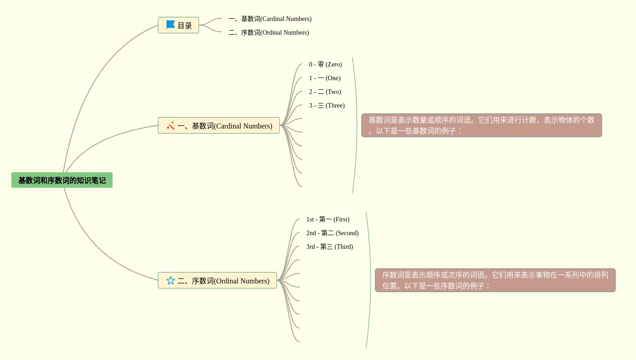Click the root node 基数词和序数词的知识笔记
coord(62,180)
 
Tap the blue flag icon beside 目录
coord(171,25)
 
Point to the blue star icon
coord(171,281)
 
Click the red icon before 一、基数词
coord(171,126)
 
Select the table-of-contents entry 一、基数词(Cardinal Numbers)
coord(270,19)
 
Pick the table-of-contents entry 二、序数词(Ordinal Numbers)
coord(269,33)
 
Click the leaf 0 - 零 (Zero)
coord(325,65)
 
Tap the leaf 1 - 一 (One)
coord(325,78)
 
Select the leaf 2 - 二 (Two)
coord(325,92)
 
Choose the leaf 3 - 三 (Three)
coord(326,106)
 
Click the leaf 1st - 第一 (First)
coord(328,220)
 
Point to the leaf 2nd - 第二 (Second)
coord(332,233)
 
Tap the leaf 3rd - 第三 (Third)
coord(330,247)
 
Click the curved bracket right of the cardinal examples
coord(356,125)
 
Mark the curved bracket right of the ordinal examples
coord(370,280)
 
